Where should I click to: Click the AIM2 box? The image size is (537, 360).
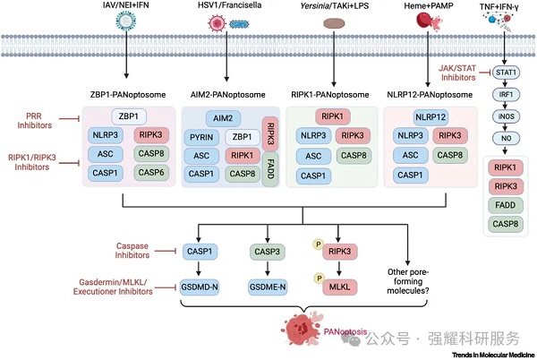223,117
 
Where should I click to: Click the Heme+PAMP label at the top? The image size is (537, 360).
413,7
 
